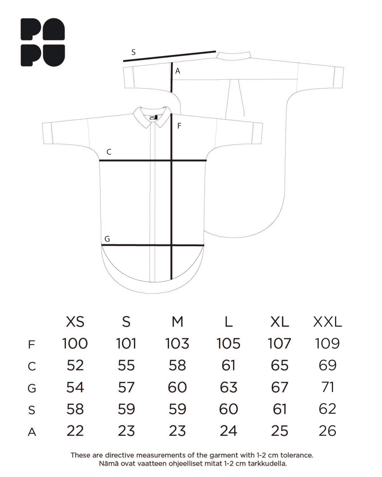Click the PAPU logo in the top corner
(x=43, y=42)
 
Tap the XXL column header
(x=327, y=322)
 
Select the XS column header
(x=75, y=322)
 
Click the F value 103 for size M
(x=177, y=344)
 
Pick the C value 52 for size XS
(x=75, y=365)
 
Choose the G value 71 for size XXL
(x=328, y=387)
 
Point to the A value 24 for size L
(x=229, y=431)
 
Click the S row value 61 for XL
(x=279, y=409)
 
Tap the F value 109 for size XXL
(x=327, y=344)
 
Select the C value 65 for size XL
(x=279, y=365)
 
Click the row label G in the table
(x=32, y=388)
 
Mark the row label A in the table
(x=32, y=432)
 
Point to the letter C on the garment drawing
(x=109, y=152)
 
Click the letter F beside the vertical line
(x=179, y=126)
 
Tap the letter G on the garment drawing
(x=107, y=239)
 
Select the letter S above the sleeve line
(x=133, y=52)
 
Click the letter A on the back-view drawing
(x=178, y=71)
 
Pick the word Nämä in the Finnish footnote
(x=107, y=464)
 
